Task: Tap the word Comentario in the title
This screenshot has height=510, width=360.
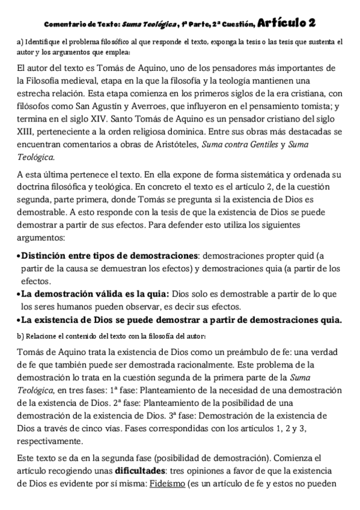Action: point(64,24)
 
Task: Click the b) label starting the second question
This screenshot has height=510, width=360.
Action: point(20,335)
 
